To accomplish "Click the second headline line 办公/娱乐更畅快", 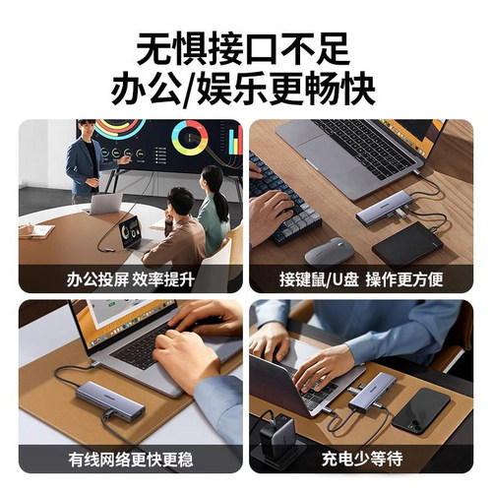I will click(245, 89).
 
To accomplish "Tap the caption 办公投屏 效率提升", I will click(130, 279).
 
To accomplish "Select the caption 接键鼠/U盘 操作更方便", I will click(360, 279).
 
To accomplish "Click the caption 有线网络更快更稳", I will click(130, 459).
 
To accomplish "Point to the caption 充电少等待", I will click(360, 459).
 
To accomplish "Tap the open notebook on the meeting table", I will click(35, 229).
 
